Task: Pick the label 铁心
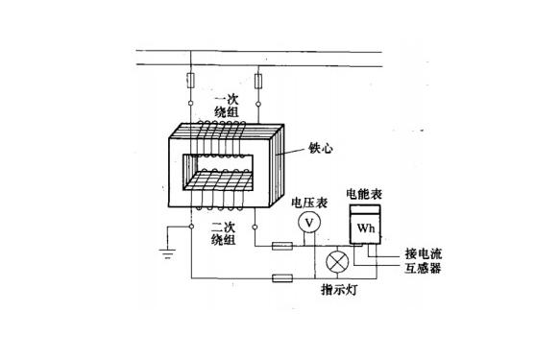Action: pos(321,149)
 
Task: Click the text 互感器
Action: pos(423,270)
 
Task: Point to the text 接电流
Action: pos(423,254)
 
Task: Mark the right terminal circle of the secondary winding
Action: pos(256,227)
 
